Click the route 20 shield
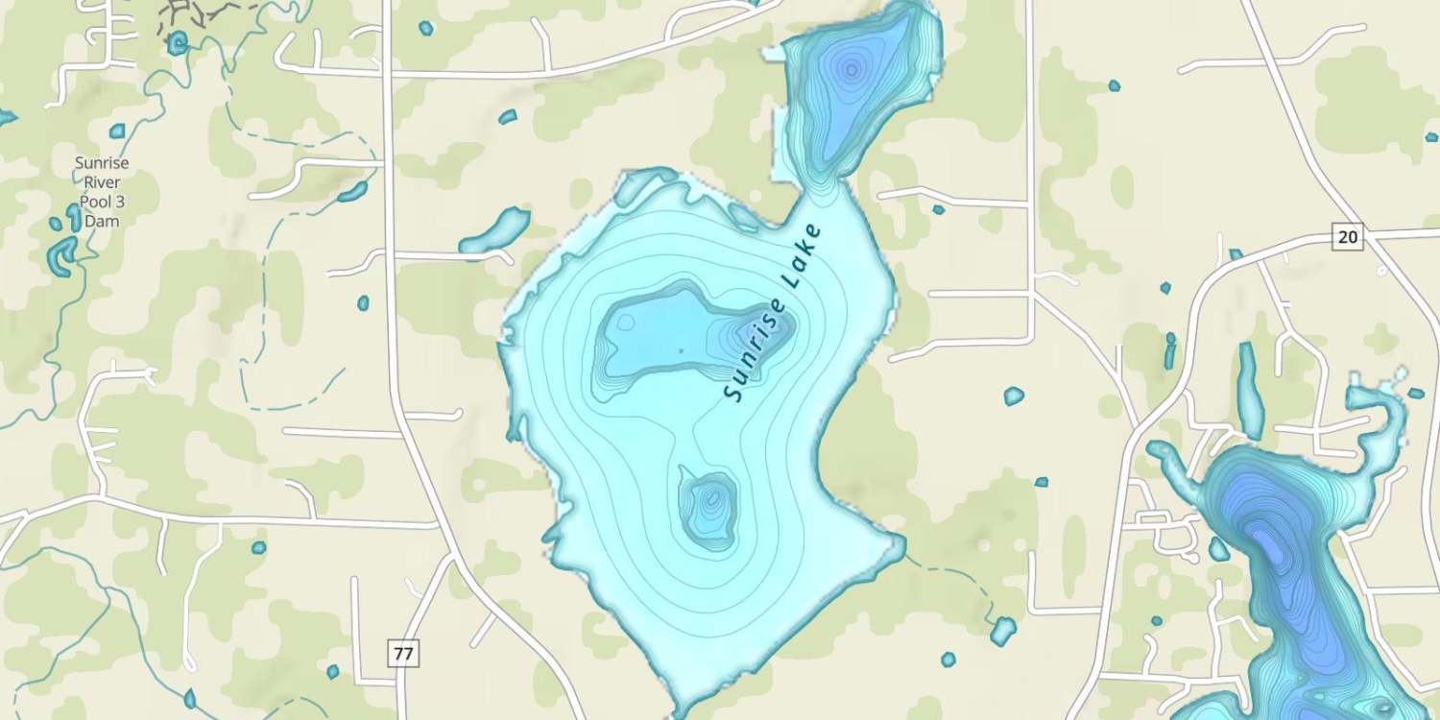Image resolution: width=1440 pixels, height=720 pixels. click(x=1348, y=236)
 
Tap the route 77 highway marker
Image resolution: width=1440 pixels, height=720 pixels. click(x=404, y=654)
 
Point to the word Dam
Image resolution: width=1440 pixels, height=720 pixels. click(x=102, y=221)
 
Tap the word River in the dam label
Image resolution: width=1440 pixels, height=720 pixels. click(x=102, y=182)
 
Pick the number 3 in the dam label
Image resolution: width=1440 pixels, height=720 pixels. click(x=121, y=202)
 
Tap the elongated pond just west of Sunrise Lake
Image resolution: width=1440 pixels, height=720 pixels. click(x=495, y=232)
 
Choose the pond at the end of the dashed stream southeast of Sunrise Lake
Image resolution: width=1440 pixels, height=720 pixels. click(x=1003, y=631)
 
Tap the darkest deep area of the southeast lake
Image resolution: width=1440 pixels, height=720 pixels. click(x=1267, y=542)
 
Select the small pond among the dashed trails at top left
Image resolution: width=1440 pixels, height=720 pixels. click(x=177, y=43)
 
